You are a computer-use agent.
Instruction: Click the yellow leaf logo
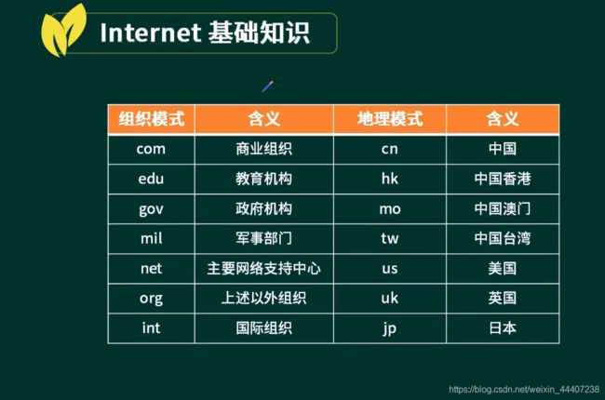[x=62, y=31]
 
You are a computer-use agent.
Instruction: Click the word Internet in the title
[x=150, y=33]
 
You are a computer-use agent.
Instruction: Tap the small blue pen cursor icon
[x=268, y=87]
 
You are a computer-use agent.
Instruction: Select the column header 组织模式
[x=151, y=119]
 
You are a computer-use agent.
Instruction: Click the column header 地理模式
[x=390, y=119]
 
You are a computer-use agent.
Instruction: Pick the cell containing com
[x=151, y=149]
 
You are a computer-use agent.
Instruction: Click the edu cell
[x=151, y=179]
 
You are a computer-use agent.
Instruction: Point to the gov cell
[x=151, y=209]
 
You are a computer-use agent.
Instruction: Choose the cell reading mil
[x=151, y=239]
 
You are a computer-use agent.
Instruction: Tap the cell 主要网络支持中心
[x=264, y=269]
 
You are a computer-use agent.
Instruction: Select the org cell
[x=151, y=299]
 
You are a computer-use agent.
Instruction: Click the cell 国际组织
[x=264, y=328]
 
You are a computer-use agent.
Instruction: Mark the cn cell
[x=390, y=149]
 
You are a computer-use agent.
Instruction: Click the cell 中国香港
[x=503, y=179]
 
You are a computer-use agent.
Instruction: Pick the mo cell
[x=390, y=209]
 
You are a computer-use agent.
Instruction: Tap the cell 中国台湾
[x=503, y=239]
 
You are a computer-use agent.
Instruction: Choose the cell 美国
[x=503, y=269]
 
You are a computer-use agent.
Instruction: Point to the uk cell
[x=390, y=299]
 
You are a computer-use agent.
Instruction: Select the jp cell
[x=390, y=328]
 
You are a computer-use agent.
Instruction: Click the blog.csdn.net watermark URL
[x=524, y=389]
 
